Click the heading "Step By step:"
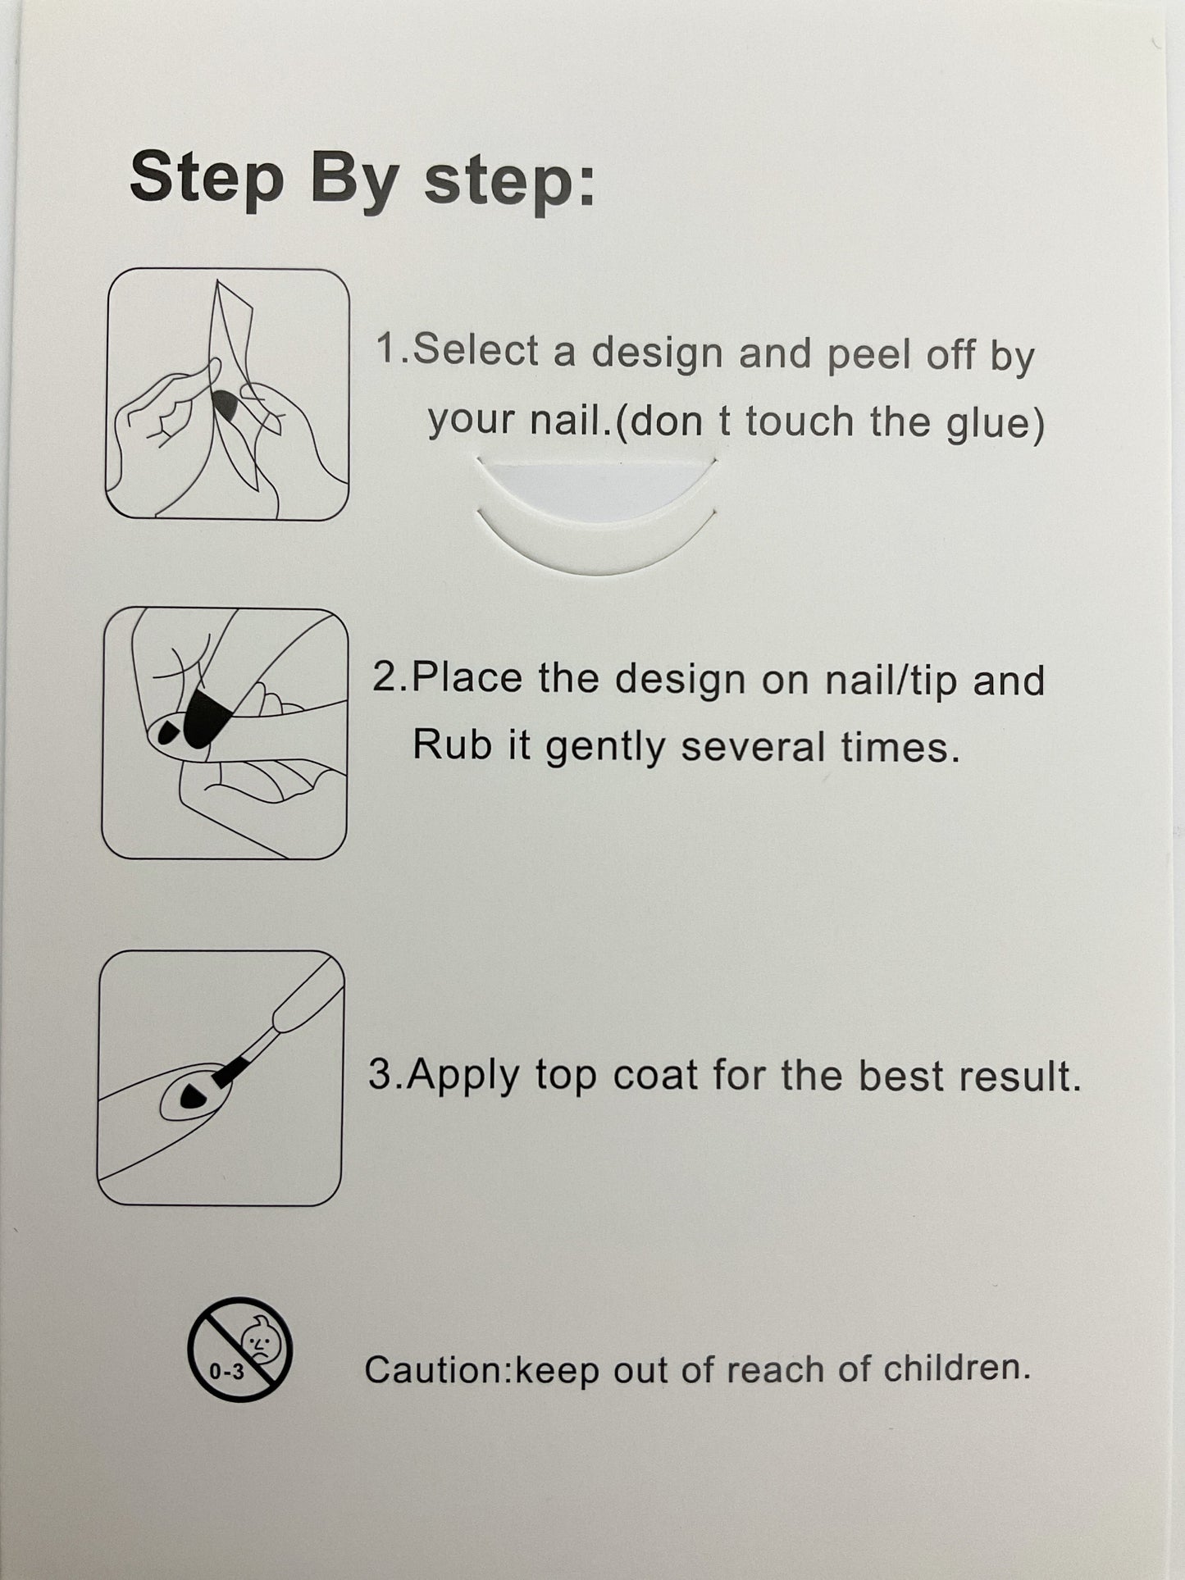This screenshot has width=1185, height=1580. (362, 180)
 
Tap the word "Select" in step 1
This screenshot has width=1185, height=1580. (476, 350)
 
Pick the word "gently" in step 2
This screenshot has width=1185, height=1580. (604, 748)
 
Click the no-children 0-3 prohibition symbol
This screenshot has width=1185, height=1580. (239, 1349)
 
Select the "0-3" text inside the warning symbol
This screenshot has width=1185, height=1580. (226, 1370)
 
